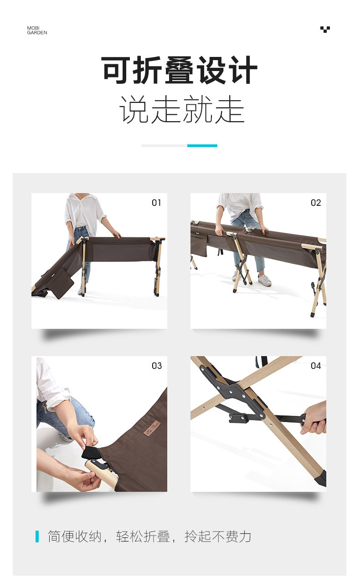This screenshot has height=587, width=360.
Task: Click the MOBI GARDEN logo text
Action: [37, 31]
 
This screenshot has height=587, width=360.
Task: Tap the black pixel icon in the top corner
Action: [325, 29]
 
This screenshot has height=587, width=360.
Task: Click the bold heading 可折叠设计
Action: [180, 70]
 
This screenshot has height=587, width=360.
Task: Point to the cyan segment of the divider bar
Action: [202, 146]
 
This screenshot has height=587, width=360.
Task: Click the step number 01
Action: [156, 203]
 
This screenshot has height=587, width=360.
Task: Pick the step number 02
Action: [316, 203]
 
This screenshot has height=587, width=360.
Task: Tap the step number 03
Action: [157, 366]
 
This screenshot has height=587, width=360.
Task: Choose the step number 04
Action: [316, 366]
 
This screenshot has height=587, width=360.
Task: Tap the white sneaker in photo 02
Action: [264, 280]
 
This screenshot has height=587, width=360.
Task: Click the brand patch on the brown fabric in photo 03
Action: [152, 428]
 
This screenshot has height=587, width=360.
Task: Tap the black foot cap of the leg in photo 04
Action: [321, 478]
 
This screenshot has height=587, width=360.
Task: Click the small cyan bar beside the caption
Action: [37, 536]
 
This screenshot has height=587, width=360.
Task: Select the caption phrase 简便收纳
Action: [74, 536]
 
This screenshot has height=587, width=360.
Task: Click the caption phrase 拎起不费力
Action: [218, 536]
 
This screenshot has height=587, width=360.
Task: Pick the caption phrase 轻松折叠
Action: [143, 536]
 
